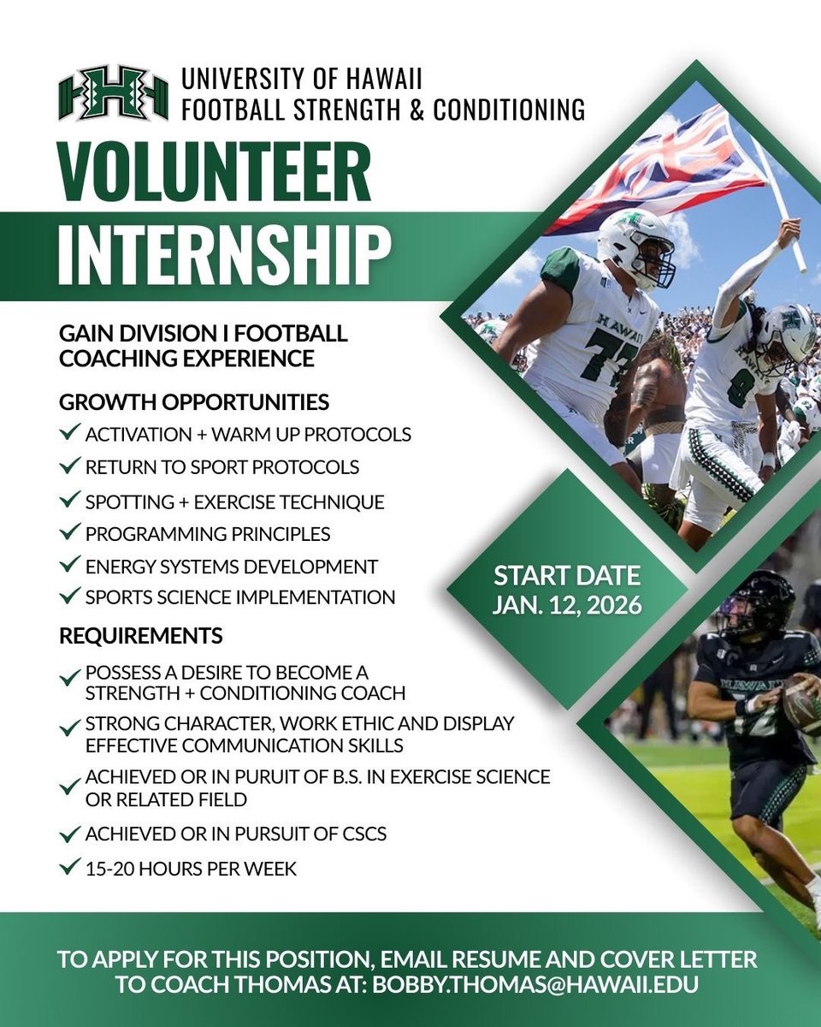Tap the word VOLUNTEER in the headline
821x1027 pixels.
point(215,174)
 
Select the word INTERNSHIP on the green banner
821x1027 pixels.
point(224,253)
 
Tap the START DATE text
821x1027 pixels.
point(566,574)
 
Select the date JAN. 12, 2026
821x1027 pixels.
point(566,605)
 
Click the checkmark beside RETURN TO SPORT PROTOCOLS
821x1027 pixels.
point(70,466)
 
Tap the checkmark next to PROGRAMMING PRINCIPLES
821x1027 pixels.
point(70,532)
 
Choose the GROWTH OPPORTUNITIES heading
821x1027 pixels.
point(193,401)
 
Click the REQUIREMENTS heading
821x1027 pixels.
point(140,636)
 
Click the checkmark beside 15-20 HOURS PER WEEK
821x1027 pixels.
point(70,867)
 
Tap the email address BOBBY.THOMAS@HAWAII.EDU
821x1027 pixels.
point(535,984)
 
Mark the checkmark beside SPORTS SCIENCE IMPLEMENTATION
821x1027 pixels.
point(70,597)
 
